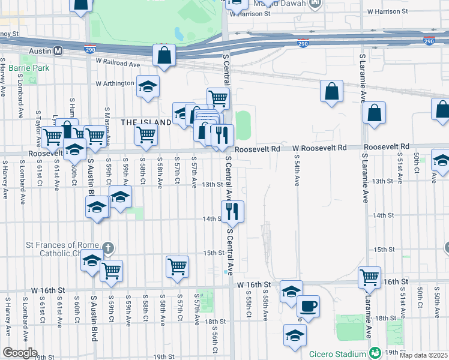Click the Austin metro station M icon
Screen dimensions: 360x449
click(x=58, y=51)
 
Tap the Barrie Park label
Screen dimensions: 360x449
click(x=32, y=68)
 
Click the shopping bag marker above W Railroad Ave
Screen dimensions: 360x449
click(x=164, y=56)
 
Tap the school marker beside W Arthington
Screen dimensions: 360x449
click(x=148, y=87)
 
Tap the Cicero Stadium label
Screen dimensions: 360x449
click(x=337, y=353)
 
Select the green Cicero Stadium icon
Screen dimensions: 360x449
click(x=375, y=353)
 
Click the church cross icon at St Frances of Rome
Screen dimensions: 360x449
click(x=109, y=247)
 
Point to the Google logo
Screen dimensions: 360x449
click(x=20, y=353)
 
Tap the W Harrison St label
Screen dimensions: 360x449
click(x=387, y=11)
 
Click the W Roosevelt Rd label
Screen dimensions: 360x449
click(x=320, y=148)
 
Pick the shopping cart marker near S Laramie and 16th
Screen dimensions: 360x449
click(x=369, y=277)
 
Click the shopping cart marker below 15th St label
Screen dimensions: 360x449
click(x=177, y=266)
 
